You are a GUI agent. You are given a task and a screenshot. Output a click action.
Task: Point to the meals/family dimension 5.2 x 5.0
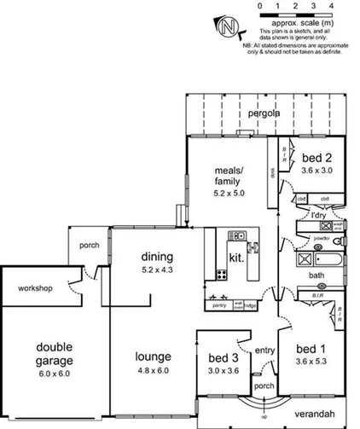pos(229,194)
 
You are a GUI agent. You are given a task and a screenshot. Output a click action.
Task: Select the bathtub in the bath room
pos(328,259)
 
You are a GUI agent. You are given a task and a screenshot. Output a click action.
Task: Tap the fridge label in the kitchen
pos(250,305)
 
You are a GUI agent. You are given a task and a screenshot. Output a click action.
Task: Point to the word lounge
pos(154,357)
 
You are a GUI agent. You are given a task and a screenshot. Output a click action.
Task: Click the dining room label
pos(158,257)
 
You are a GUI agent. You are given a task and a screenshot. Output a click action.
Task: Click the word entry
pos(265,350)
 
